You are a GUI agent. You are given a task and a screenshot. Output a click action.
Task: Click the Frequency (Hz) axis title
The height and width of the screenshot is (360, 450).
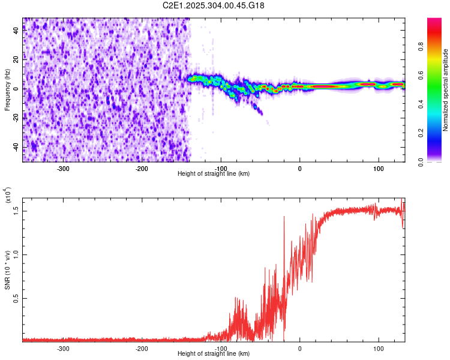click(7, 89)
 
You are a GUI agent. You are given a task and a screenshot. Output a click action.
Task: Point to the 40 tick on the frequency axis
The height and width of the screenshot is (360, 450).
click(17, 31)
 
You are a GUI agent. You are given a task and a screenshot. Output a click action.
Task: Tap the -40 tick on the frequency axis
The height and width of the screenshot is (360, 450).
click(16, 148)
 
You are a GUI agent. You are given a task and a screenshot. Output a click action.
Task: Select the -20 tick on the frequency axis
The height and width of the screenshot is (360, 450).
click(16, 118)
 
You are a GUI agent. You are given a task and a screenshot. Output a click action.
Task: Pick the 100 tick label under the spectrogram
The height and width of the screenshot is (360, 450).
click(379, 169)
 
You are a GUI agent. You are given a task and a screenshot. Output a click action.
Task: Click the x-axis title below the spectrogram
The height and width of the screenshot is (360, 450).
click(214, 174)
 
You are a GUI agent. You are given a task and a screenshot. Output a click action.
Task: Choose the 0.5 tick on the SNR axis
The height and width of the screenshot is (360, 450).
click(16, 298)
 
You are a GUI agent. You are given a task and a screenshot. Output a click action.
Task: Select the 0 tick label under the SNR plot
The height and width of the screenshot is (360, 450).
click(300, 349)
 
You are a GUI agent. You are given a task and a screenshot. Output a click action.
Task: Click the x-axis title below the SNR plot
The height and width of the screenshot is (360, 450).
click(214, 354)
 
